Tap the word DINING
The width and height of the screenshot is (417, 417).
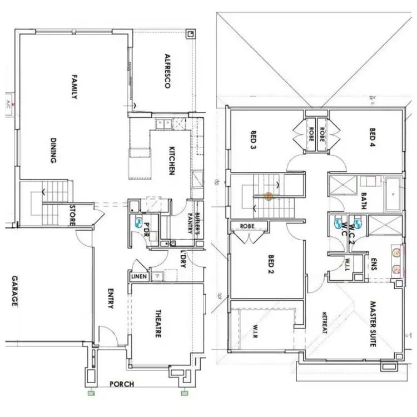tap(54, 151)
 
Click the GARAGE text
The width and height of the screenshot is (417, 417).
tap(14, 291)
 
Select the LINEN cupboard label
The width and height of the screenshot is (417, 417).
tap(138, 276)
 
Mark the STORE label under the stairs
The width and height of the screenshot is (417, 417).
tap(72, 215)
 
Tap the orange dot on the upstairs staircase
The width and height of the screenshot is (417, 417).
tap(268, 196)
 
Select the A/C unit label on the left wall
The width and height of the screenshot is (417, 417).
tap(8, 104)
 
